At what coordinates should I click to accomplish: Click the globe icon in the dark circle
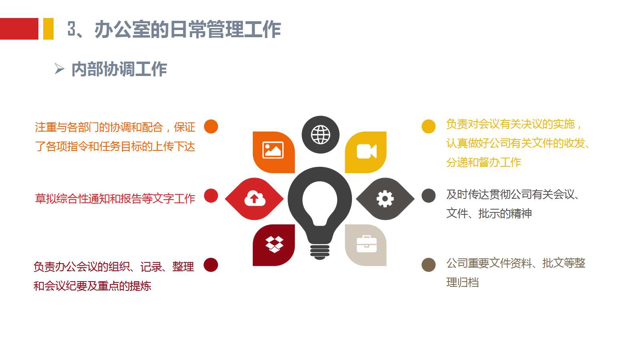[320, 134]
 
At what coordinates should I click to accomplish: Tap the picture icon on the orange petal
[273, 150]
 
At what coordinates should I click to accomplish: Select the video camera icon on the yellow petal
[366, 151]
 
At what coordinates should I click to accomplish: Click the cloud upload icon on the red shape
[255, 198]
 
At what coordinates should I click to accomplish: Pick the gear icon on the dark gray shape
[385, 198]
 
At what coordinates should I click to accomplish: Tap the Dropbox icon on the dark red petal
[274, 244]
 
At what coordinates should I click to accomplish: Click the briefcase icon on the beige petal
[366, 244]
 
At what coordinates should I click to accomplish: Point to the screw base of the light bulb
[320, 251]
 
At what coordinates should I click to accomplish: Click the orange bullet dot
[211, 126]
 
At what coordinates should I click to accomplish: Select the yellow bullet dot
[428, 126]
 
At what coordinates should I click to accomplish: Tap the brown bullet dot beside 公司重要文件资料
[428, 265]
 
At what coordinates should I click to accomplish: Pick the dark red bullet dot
[211, 265]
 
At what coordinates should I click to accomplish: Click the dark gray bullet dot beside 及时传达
[428, 196]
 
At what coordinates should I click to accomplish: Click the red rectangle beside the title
[19, 29]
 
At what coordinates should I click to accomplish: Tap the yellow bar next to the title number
[48, 29]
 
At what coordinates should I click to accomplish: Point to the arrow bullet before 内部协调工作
[59, 69]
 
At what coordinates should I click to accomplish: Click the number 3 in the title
[72, 29]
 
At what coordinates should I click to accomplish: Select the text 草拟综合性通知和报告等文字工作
[115, 198]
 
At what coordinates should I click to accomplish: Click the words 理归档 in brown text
[462, 282]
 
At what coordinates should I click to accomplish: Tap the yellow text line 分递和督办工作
[484, 162]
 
